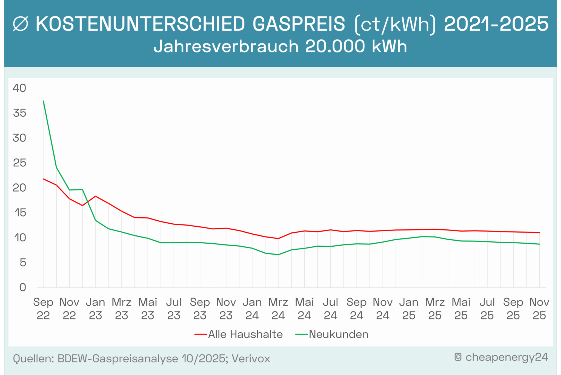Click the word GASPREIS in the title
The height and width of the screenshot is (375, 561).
pyautogui.click(x=299, y=24)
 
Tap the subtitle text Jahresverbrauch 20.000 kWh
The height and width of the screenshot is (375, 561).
pyautogui.click(x=280, y=46)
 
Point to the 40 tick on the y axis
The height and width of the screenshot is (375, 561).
pyautogui.click(x=19, y=88)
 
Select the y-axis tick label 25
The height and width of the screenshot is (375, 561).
pyautogui.click(x=19, y=163)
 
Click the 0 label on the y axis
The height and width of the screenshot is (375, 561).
pyautogui.click(x=22, y=287)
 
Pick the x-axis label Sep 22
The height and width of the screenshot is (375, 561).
pyautogui.click(x=43, y=309)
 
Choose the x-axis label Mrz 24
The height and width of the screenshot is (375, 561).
pyautogui.click(x=278, y=309)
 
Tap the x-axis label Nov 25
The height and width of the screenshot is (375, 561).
pyautogui.click(x=539, y=309)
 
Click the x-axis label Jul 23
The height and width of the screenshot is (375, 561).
pyautogui.click(x=174, y=309)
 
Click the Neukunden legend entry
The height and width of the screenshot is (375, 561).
pyautogui.click(x=332, y=334)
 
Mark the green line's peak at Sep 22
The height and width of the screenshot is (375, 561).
pyautogui.click(x=44, y=101)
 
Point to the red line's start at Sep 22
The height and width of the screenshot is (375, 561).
pyautogui.click(x=44, y=179)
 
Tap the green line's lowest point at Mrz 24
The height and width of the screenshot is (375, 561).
pyautogui.click(x=278, y=255)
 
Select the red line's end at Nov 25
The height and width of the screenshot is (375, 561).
pyautogui.click(x=539, y=233)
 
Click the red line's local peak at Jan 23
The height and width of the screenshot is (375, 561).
pyautogui.click(x=95, y=196)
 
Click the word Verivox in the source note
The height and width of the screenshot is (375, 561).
pyautogui.click(x=251, y=359)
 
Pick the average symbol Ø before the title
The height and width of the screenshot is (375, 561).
pyautogui.click(x=21, y=24)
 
